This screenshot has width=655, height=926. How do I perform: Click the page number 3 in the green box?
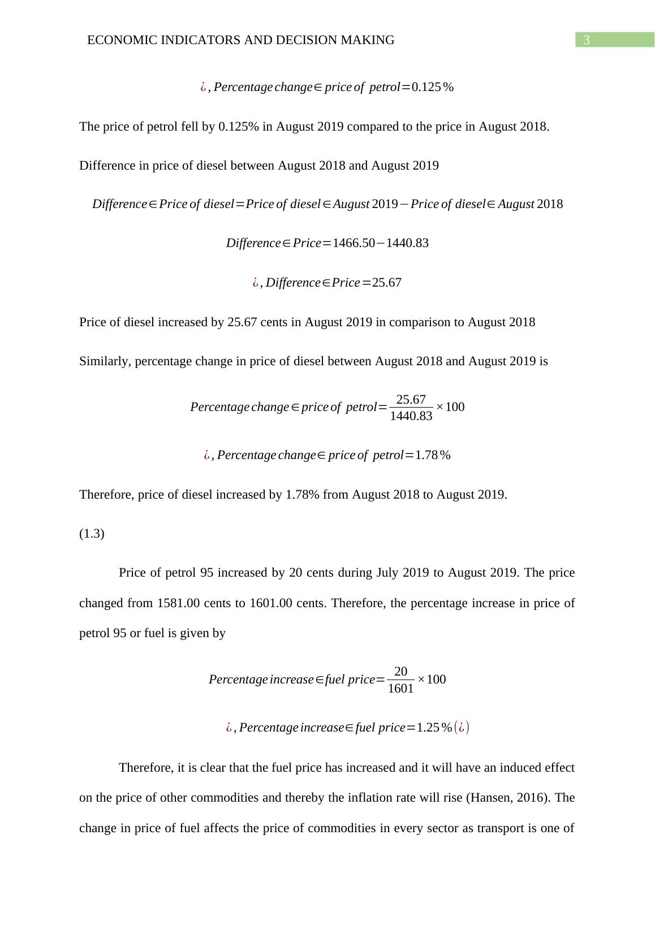(587, 40)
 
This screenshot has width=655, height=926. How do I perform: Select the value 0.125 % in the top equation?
(432, 87)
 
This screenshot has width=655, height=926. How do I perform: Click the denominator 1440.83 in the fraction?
(411, 416)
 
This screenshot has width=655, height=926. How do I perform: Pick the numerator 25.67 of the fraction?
(411, 400)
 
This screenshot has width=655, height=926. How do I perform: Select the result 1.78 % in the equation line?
(433, 455)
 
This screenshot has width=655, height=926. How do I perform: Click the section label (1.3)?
(92, 534)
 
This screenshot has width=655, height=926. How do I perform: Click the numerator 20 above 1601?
(400, 672)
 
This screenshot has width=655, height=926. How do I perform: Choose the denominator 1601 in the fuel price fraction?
(400, 689)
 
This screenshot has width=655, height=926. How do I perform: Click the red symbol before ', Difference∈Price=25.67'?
(256, 283)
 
